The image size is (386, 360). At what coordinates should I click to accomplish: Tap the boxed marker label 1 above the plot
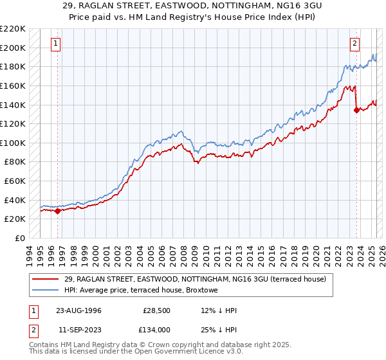click(57, 44)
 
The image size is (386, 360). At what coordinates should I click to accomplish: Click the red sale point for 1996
click(58, 210)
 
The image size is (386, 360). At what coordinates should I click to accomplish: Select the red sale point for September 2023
click(356, 110)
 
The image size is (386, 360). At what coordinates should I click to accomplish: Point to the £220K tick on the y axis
click(13, 29)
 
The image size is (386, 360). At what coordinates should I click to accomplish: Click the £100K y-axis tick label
click(13, 143)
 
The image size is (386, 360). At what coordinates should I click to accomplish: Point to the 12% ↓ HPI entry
click(219, 310)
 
